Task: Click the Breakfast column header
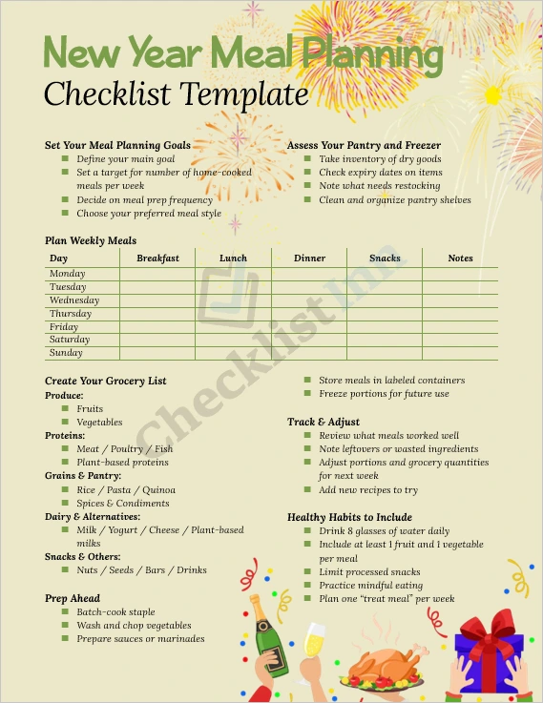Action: tap(157, 258)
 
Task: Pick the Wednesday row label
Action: tap(74, 300)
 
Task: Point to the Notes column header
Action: tap(460, 258)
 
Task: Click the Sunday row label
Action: tap(66, 353)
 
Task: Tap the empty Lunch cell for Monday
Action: tap(233, 274)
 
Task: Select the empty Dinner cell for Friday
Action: tap(309, 327)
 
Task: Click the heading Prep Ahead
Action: tap(72, 599)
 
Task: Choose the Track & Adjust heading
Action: tap(324, 422)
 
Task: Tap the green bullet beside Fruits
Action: tap(65, 409)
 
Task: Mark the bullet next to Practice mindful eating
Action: tap(307, 586)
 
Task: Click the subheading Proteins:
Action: tap(64, 436)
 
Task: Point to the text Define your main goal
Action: tap(125, 159)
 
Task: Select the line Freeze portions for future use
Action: tap(384, 394)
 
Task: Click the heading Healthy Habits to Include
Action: tap(349, 518)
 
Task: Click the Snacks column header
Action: tap(385, 258)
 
